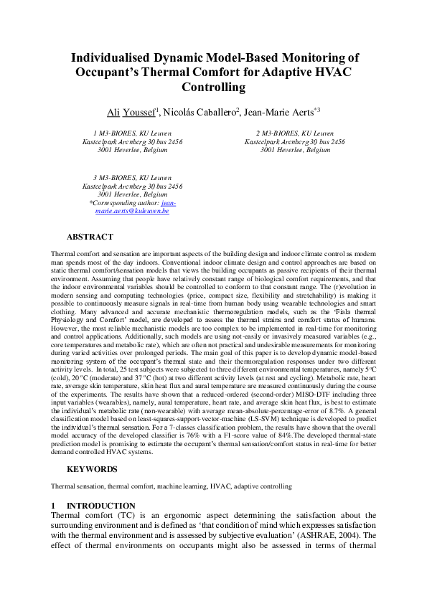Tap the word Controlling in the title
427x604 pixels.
coord(214,88)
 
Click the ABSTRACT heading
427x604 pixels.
coord(90,237)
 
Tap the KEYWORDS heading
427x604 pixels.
coord(92,469)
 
